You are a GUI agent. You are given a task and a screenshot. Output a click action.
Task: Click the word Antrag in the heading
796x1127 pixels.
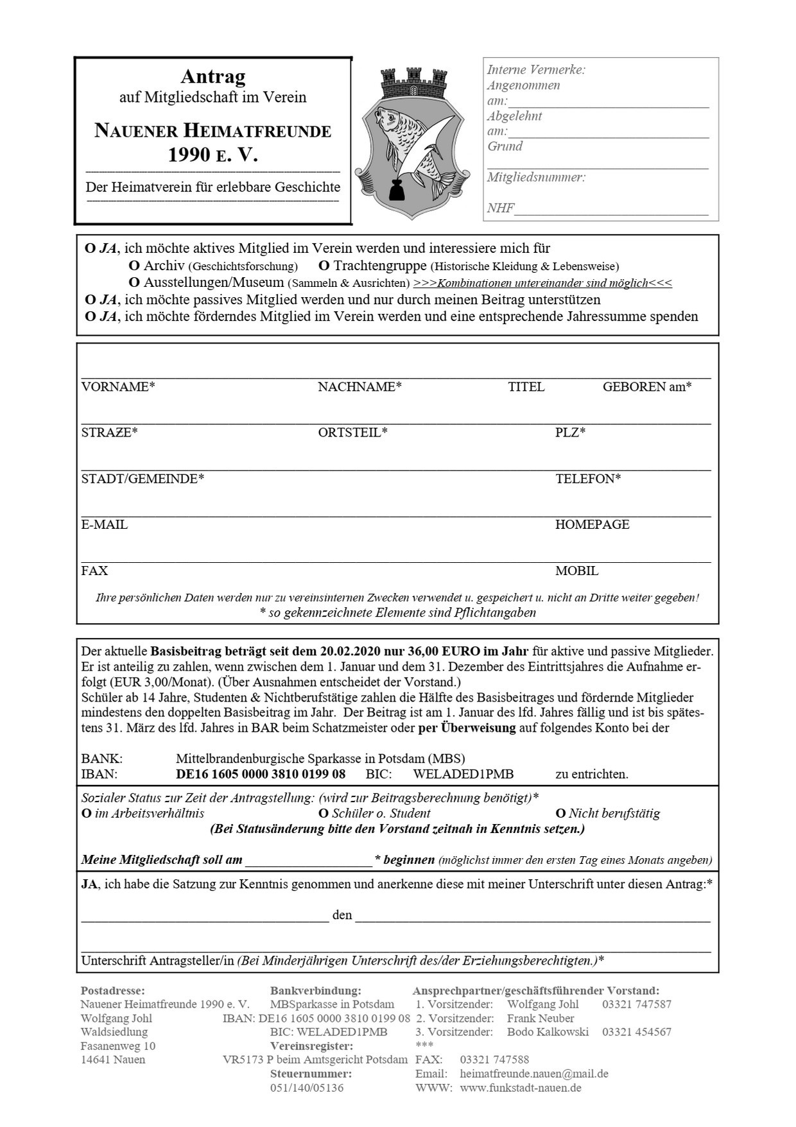coord(213,77)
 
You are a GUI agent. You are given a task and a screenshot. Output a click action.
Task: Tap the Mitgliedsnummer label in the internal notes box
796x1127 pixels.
coord(535,178)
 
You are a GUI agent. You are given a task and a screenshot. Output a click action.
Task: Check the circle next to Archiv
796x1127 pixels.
coord(134,266)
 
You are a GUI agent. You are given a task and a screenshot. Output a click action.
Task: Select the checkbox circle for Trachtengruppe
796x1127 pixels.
coord(324,266)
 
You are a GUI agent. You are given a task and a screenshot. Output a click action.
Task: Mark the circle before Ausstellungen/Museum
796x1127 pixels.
coord(134,282)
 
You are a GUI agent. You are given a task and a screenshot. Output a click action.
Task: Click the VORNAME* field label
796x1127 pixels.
coord(118,387)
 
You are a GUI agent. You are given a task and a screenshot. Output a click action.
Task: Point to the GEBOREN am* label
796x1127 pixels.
coord(646,387)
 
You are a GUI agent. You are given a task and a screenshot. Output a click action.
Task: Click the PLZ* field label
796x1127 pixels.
coord(570,433)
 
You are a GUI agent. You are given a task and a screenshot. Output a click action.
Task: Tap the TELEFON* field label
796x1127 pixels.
coord(587,479)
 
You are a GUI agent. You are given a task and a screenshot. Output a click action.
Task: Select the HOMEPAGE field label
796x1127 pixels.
coord(592,524)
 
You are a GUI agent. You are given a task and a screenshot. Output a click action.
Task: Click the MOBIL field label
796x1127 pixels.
coord(576,571)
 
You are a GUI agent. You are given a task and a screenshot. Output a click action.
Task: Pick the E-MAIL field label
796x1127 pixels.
coord(104,524)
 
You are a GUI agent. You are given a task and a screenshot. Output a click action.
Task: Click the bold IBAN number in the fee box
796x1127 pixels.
coord(261,774)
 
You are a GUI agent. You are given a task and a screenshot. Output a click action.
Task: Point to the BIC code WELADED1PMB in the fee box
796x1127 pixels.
coord(463,774)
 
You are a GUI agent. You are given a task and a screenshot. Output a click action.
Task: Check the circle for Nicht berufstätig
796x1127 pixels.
coord(560,814)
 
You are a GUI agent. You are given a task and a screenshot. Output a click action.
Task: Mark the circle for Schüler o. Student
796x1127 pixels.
coord(324,814)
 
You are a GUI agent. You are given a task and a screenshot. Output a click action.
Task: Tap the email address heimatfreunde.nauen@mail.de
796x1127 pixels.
coord(534,1073)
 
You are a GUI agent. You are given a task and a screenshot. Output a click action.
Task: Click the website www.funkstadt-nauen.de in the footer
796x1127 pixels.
coord(521,1088)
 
